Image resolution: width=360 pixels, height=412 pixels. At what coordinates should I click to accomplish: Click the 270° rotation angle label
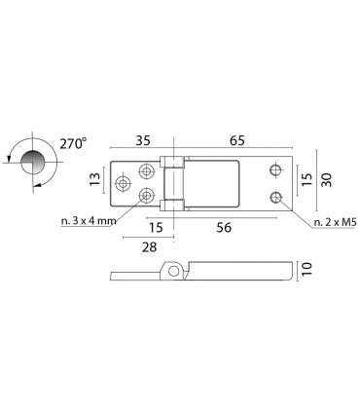pyautogui.click(x=73, y=143)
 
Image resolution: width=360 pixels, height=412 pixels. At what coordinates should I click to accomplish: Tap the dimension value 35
pyautogui.click(x=143, y=141)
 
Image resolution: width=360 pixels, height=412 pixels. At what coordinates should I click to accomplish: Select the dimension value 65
pyautogui.click(x=237, y=141)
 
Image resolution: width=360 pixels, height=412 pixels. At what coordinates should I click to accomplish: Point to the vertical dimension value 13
pyautogui.click(x=95, y=179)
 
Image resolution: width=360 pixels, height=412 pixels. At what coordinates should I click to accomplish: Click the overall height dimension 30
pyautogui.click(x=326, y=179)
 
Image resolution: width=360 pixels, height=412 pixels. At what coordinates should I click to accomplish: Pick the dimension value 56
pyautogui.click(x=224, y=228)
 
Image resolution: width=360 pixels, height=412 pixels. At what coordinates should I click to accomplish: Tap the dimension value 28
pyautogui.click(x=150, y=247)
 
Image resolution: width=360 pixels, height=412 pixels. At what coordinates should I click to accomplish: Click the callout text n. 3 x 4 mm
pyautogui.click(x=89, y=221)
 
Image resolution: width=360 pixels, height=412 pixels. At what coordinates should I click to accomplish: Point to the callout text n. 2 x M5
pyautogui.click(x=336, y=222)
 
